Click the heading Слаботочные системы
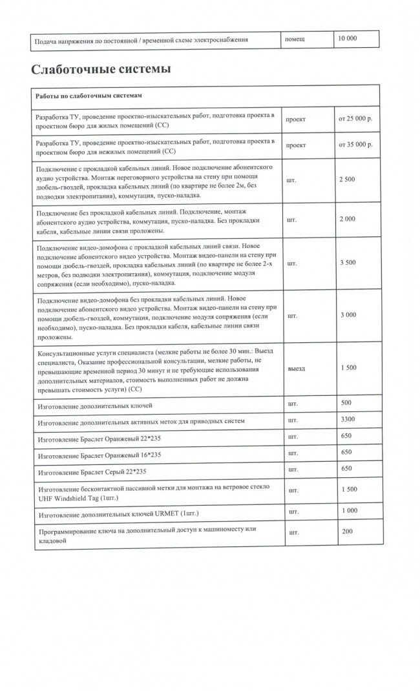point(101,68)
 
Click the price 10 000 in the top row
point(347,39)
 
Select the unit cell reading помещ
point(295,39)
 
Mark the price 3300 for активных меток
point(348,420)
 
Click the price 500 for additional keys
point(346,403)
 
